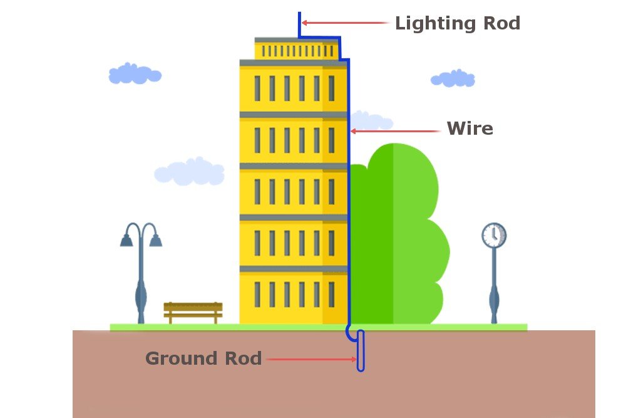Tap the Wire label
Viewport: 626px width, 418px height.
pos(469,129)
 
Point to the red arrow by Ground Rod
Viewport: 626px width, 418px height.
pos(310,360)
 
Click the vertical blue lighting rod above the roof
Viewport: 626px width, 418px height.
pos(299,24)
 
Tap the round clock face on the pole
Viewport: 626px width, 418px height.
pos(494,235)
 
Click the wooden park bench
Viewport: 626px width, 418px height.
pos(193,311)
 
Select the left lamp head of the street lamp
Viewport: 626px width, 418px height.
pos(127,240)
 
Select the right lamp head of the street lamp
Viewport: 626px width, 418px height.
pos(155,240)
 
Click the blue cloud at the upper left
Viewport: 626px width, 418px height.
pos(134,74)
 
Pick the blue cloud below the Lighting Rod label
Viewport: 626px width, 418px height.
pos(452,79)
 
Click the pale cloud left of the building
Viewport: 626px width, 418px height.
pos(189,171)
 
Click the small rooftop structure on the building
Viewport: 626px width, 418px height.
pos(296,49)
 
